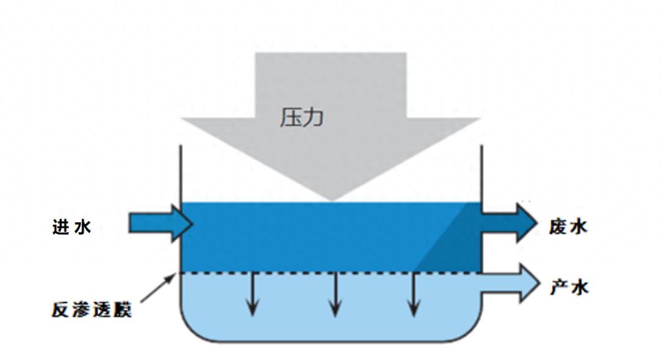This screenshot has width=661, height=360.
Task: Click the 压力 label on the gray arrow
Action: pyautogui.click(x=302, y=117)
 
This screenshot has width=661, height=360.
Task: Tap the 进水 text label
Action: pyautogui.click(x=72, y=227)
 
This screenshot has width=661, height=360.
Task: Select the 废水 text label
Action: pyautogui.click(x=568, y=227)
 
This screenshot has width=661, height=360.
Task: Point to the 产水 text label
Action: pyautogui.click(x=569, y=287)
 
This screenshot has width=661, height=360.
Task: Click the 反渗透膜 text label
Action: pyautogui.click(x=91, y=309)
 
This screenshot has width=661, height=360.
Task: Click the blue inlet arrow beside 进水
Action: pyautogui.click(x=161, y=223)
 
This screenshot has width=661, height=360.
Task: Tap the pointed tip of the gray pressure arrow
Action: pyautogui.click(x=332, y=201)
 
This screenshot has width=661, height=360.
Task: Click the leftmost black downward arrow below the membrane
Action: pyautogui.click(x=253, y=294)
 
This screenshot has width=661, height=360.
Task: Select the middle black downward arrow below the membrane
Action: pyautogui.click(x=335, y=294)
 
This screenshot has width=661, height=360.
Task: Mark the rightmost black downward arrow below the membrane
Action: pyautogui.click(x=414, y=294)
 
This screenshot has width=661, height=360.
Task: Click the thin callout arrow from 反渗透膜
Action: pyautogui.click(x=159, y=288)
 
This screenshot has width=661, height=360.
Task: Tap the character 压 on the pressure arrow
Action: pyautogui.click(x=291, y=117)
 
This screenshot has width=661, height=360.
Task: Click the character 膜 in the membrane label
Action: pyautogui.click(x=122, y=309)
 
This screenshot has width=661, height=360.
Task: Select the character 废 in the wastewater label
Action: pyautogui.click(x=558, y=227)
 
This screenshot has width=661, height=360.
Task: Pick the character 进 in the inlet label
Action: pyautogui.click(x=62, y=227)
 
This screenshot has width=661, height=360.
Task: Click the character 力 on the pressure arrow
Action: pyautogui.click(x=313, y=117)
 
